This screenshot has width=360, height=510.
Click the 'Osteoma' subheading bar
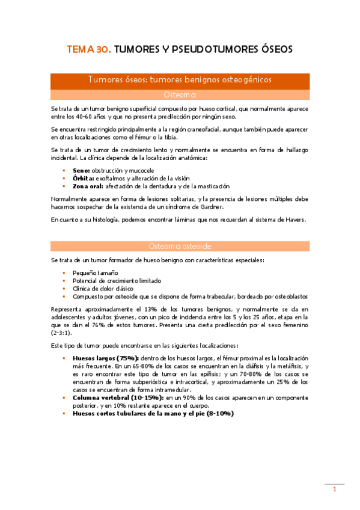pos(180,94)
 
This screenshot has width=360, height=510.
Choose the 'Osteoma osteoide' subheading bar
pos(180,246)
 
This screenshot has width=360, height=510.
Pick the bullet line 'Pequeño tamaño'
pos(95,273)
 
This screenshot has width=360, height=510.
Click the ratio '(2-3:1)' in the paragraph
pos(63,333)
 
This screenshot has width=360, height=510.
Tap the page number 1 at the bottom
pos(335,490)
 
